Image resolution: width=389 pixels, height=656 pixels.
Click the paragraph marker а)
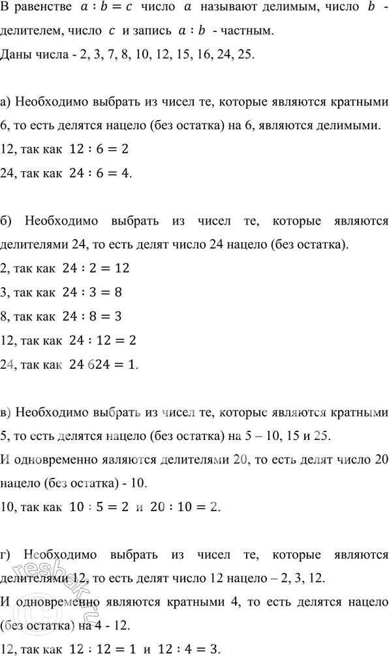click(x=8, y=103)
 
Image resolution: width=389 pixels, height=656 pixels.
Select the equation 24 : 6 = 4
click(x=97, y=172)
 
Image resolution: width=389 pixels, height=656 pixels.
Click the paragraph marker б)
click(x=8, y=221)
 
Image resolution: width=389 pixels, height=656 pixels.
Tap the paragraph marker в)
click(x=8, y=413)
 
